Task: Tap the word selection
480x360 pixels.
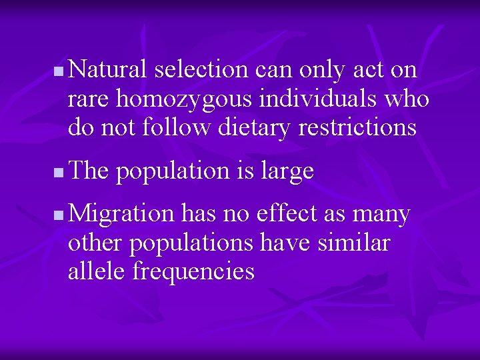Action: click(x=201, y=69)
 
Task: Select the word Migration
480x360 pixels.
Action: click(x=121, y=215)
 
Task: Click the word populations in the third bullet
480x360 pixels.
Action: click(x=191, y=243)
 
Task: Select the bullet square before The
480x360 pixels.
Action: click(x=59, y=173)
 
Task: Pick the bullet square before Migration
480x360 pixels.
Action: click(x=59, y=215)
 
